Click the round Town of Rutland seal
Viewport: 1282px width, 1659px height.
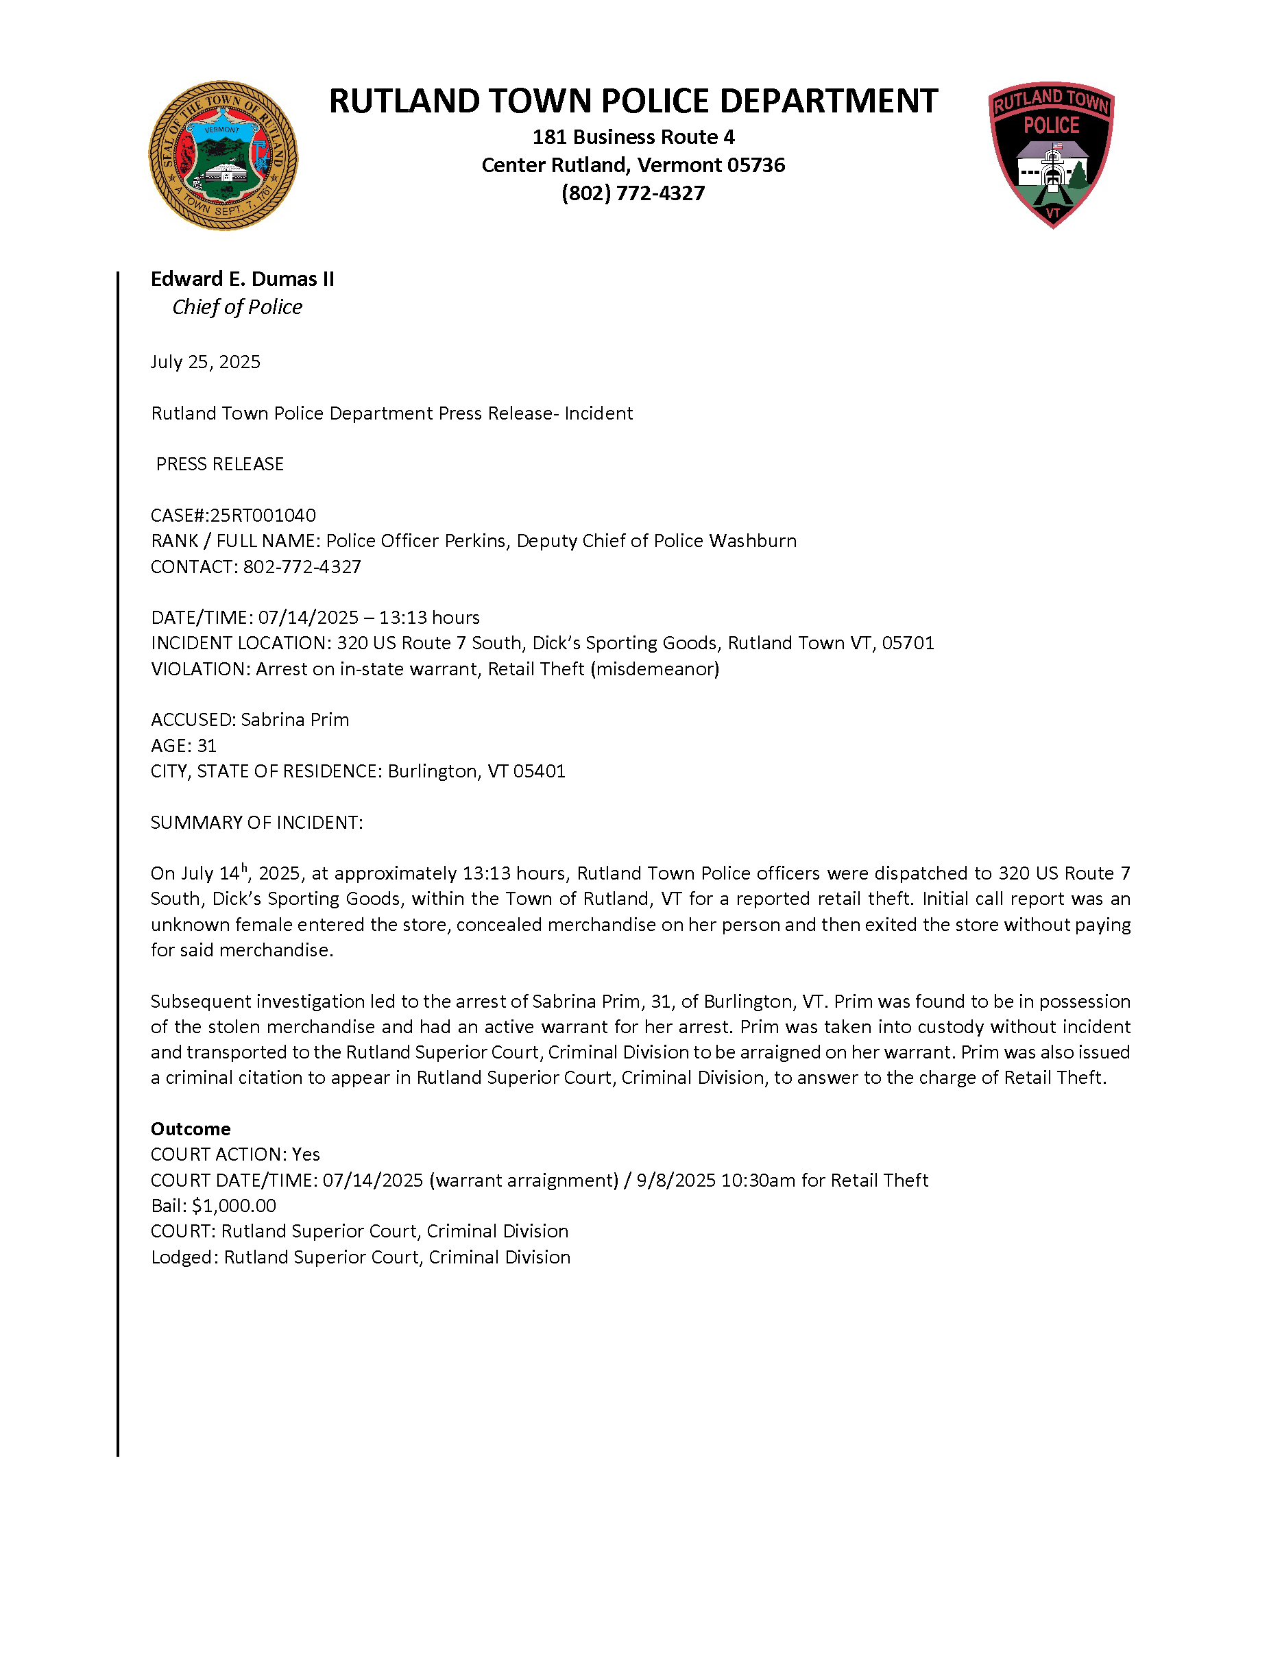tap(223, 156)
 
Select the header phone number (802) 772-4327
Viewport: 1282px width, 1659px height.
tap(633, 193)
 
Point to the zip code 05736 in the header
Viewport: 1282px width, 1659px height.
tap(756, 165)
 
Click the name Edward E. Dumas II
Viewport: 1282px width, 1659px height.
tap(242, 279)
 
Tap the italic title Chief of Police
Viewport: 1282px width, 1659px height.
tap(237, 307)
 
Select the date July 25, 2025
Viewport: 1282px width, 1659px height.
tap(205, 361)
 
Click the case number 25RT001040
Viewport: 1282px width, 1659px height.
tap(263, 515)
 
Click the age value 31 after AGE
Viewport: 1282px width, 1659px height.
tap(206, 745)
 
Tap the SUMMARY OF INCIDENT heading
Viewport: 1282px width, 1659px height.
tap(256, 822)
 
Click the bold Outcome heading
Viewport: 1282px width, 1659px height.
tap(191, 1129)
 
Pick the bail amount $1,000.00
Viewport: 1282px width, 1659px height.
tap(234, 1205)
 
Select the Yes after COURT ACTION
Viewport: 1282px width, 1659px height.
tap(306, 1154)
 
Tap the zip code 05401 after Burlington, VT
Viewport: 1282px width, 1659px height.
tap(540, 771)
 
